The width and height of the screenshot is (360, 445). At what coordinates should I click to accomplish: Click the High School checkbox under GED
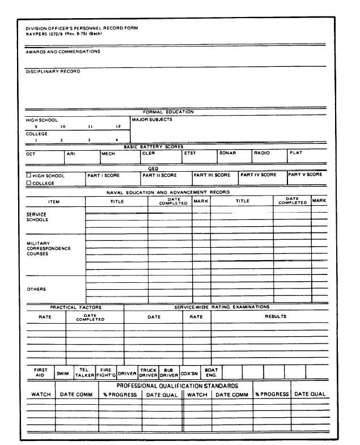29,176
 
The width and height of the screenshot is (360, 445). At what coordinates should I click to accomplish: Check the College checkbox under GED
29,183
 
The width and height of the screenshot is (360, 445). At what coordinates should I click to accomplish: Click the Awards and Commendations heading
63,52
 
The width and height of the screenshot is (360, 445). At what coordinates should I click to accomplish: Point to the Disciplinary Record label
53,71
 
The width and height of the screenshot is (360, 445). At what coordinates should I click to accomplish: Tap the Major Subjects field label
152,120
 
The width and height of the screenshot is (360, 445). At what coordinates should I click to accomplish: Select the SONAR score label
227,153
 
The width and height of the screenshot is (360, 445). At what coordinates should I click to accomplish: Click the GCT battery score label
31,154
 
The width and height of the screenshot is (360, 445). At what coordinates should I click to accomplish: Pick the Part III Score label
212,175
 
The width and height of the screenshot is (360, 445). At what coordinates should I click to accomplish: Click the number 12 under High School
118,126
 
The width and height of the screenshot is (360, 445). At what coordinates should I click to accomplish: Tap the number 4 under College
117,140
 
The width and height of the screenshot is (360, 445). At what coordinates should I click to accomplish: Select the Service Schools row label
37,217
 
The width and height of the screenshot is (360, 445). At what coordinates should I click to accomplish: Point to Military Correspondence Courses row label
49,249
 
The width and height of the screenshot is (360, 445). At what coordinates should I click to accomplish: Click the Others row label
36,289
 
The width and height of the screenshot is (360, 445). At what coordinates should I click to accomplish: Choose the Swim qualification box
62,374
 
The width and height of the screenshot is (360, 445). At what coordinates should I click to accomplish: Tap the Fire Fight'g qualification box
106,372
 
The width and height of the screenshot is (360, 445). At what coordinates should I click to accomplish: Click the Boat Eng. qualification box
211,372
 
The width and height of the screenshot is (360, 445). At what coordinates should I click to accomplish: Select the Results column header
276,316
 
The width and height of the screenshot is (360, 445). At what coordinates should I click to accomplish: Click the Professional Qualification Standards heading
177,385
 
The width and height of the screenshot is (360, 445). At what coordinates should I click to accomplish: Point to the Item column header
54,202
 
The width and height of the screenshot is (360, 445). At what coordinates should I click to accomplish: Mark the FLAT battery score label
296,153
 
